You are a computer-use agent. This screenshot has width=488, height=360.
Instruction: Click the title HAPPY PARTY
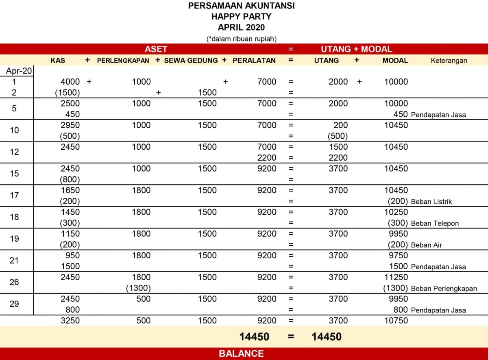click(241, 17)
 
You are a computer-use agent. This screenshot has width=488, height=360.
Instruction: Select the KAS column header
click(58, 60)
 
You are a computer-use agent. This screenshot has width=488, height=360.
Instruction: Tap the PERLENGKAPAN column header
click(123, 60)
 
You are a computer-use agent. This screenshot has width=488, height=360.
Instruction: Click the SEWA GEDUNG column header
click(191, 60)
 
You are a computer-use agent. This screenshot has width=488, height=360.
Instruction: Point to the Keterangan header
click(449, 61)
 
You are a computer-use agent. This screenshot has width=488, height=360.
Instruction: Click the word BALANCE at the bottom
click(241, 353)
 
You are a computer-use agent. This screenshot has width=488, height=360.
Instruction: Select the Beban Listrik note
click(431, 202)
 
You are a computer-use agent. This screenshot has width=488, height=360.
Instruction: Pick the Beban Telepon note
click(435, 223)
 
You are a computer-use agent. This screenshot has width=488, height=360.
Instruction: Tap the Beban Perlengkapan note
click(444, 289)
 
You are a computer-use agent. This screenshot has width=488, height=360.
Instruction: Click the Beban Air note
click(426, 245)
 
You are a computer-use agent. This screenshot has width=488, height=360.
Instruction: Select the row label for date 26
click(14, 282)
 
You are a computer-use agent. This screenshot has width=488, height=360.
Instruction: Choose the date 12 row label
click(14, 152)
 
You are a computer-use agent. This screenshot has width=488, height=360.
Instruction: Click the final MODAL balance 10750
click(396, 321)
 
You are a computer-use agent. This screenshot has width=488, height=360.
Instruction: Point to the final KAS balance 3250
click(70, 321)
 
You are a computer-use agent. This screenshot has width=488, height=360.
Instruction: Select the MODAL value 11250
click(396, 277)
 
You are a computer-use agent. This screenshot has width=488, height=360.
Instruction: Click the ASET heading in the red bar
click(156, 49)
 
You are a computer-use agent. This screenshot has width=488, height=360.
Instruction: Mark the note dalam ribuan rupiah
click(242, 39)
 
